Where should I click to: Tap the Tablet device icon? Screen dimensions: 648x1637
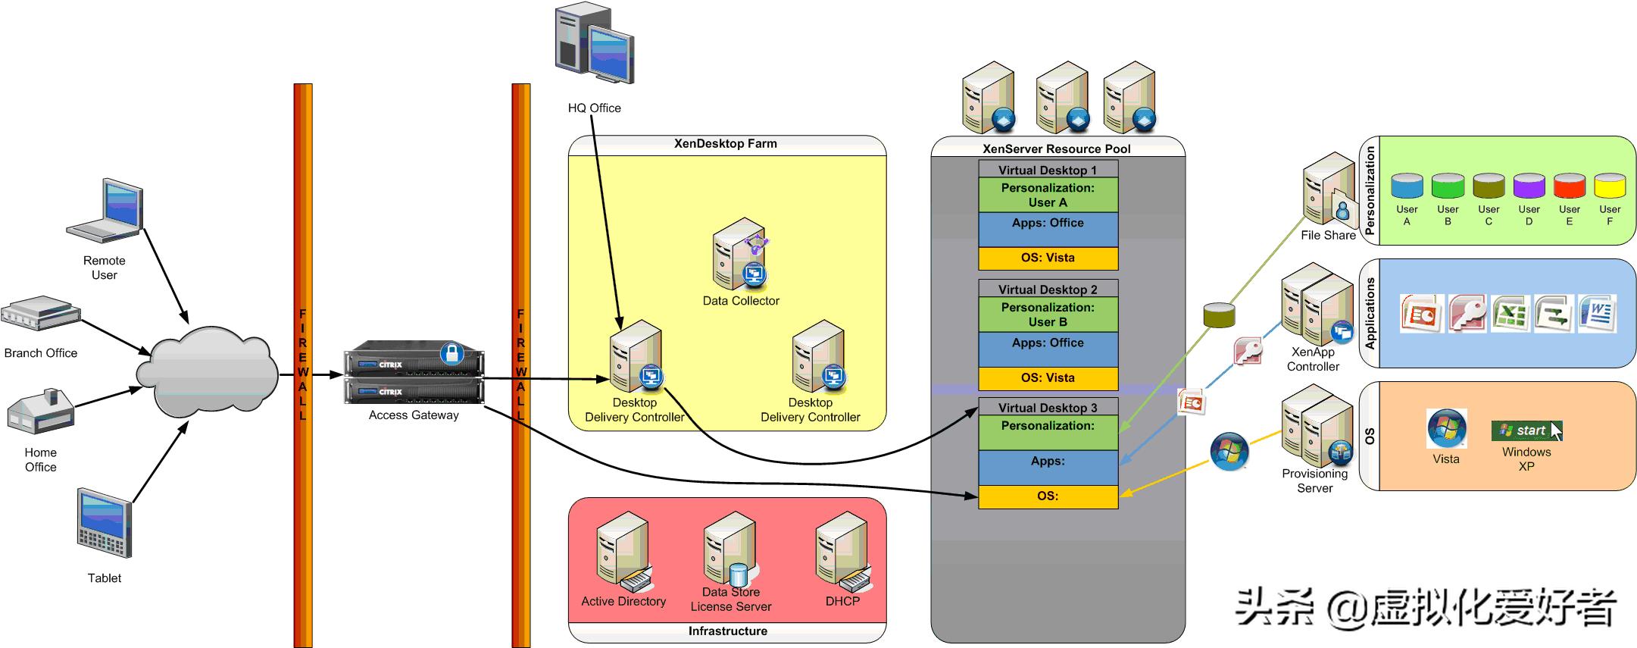pyautogui.click(x=105, y=523)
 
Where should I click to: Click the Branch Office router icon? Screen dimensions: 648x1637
pyautogui.click(x=40, y=314)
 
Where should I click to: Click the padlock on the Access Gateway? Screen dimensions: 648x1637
pyautogui.click(x=451, y=353)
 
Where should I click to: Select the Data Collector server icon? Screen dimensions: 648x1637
pyautogui.click(x=739, y=255)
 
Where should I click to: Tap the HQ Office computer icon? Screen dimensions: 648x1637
pyautogui.click(x=594, y=44)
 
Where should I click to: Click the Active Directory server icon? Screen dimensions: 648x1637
pyautogui.click(x=623, y=552)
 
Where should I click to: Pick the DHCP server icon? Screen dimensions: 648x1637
pyautogui.click(x=842, y=552)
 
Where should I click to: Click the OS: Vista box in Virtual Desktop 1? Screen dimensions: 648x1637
pyautogui.click(x=1048, y=258)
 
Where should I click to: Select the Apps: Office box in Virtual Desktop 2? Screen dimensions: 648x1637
pyautogui.click(x=1048, y=349)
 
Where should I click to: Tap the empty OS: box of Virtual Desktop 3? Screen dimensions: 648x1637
pyautogui.click(x=1048, y=496)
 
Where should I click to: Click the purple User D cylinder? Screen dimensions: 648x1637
pyautogui.click(x=1529, y=186)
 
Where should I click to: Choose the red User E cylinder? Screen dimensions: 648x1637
pyautogui.click(x=1570, y=186)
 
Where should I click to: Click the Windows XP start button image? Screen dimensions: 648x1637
pyautogui.click(x=1526, y=430)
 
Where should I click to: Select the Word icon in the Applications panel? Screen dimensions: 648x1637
pyautogui.click(x=1597, y=314)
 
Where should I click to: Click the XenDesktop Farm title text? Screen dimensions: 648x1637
pyautogui.click(x=726, y=144)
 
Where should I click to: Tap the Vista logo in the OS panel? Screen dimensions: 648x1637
pyautogui.click(x=1446, y=428)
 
